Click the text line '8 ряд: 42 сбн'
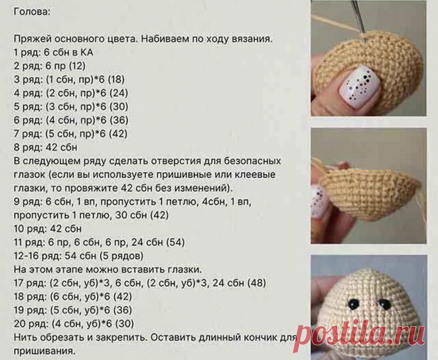tap(45, 147)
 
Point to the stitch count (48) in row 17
tap(256, 283)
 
